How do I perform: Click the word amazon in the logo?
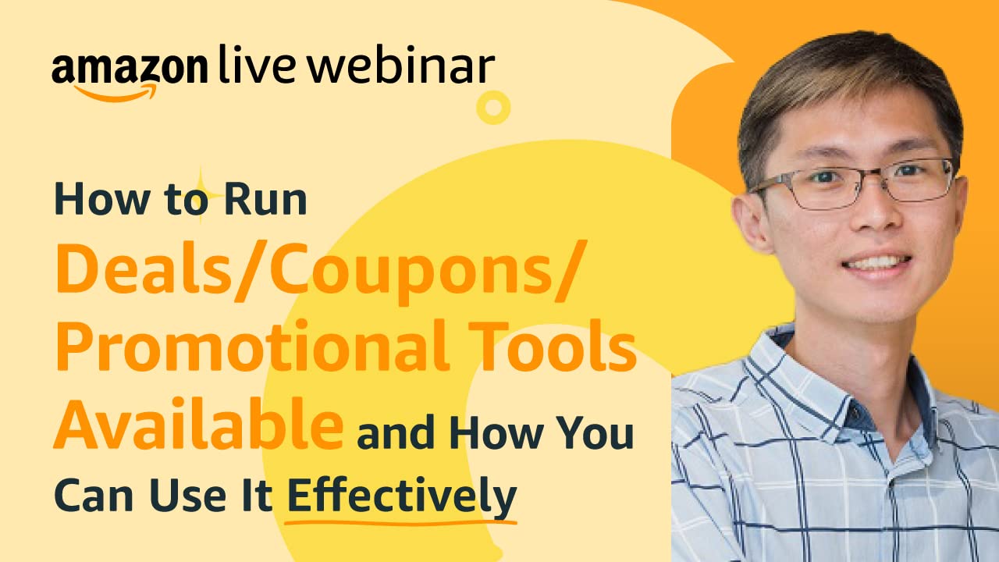130,69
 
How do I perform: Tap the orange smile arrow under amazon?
117,92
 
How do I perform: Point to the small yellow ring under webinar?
492,107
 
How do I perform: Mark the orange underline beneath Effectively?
401,518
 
